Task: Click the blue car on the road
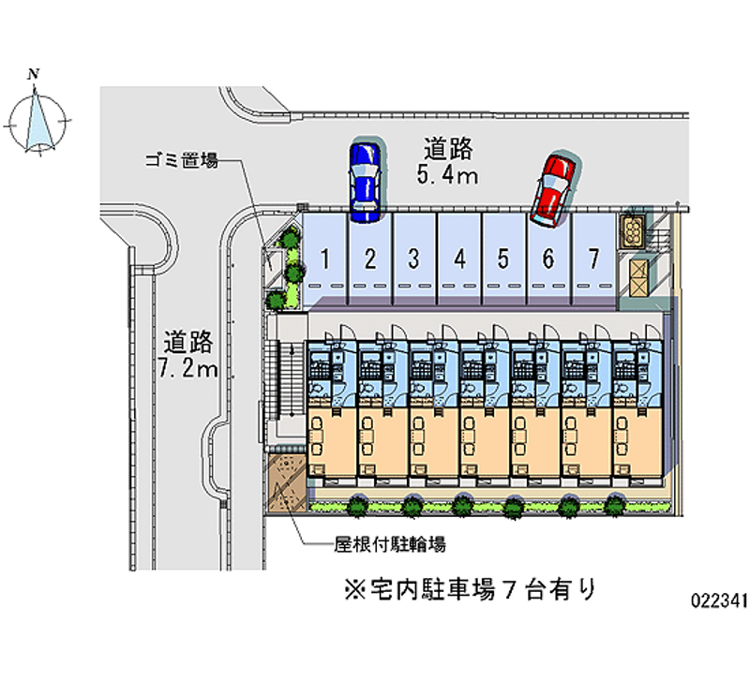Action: [x=365, y=183]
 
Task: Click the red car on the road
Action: [x=553, y=190]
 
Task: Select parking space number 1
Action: [x=324, y=259]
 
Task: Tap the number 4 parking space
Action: [x=459, y=259]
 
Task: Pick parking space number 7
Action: [x=594, y=259]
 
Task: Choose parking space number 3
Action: [x=414, y=259]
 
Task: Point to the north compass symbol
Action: [x=37, y=122]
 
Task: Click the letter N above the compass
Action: [x=33, y=74]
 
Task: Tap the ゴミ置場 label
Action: [x=182, y=160]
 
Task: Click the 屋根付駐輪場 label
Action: [x=390, y=544]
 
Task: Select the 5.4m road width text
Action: [x=447, y=175]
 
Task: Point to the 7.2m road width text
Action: [x=188, y=368]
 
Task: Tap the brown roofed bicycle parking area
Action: [x=287, y=482]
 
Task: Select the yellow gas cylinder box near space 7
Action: [x=632, y=231]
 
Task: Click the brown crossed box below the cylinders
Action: [x=637, y=278]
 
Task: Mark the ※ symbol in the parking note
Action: [x=355, y=589]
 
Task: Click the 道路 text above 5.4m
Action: [x=448, y=149]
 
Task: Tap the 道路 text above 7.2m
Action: [x=188, y=342]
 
